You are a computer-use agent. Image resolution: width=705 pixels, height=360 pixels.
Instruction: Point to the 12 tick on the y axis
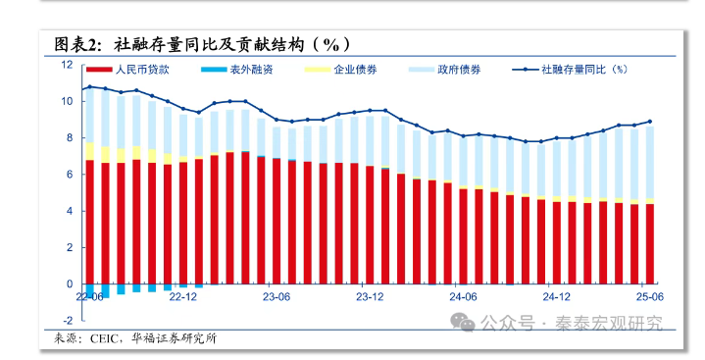[x=67, y=65]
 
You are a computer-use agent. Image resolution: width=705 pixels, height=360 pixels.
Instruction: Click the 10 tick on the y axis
[x=67, y=101]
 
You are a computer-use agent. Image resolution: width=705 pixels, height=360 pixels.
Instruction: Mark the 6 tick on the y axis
[x=69, y=175]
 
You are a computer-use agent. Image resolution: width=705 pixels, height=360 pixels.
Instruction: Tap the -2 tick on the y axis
[x=67, y=321]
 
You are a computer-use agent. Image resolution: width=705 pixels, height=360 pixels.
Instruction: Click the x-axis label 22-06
[x=89, y=295]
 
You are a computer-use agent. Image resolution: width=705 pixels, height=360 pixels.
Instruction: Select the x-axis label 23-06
[x=276, y=295]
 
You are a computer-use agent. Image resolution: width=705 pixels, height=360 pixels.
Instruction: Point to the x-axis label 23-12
[x=369, y=295]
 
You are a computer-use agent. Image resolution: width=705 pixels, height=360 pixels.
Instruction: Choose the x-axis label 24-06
[x=462, y=295]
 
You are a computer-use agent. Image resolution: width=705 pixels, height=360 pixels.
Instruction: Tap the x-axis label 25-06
[x=649, y=295]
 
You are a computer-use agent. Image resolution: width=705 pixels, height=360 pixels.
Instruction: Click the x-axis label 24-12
[x=556, y=295]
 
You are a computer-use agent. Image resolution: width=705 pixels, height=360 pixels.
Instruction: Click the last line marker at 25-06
[x=649, y=122]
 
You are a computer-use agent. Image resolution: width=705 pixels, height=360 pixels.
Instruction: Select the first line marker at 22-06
[x=89, y=86]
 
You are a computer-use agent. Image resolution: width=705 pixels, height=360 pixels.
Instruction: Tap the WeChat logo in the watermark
[x=461, y=321]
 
